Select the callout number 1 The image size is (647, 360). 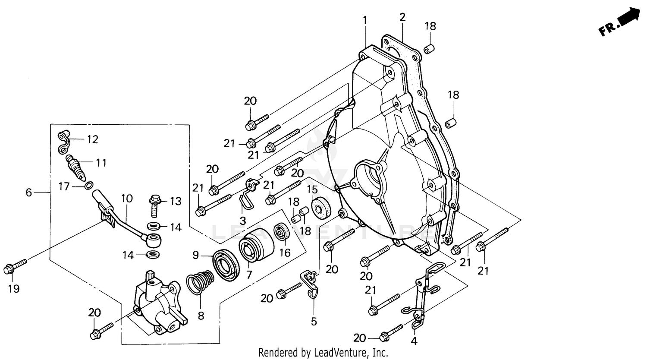(x=365, y=20)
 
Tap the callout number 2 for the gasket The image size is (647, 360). (x=402, y=17)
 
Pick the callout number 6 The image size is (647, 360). (x=28, y=193)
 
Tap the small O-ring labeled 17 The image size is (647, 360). (x=88, y=186)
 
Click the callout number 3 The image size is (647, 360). (x=243, y=221)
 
